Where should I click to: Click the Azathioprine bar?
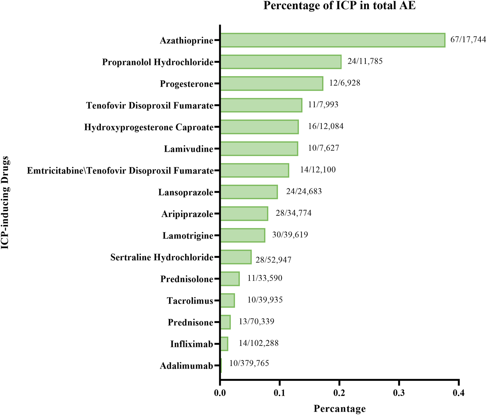pyautogui.click(x=332, y=40)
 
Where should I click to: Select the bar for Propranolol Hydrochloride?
pyautogui.click(x=280, y=62)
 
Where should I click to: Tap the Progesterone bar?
pyautogui.click(x=271, y=83)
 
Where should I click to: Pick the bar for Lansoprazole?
pyautogui.click(x=249, y=192)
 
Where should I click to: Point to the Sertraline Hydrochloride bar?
pyautogui.click(x=236, y=257)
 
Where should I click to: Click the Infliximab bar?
pyautogui.click(x=224, y=344)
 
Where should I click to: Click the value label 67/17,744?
pyautogui.click(x=468, y=39)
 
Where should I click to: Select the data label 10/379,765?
pyautogui.click(x=249, y=363)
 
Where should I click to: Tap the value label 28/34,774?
pyautogui.click(x=293, y=213)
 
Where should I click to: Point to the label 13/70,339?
pyautogui.click(x=256, y=321)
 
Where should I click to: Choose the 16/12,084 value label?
pyautogui.click(x=326, y=126)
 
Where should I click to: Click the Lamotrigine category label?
pyautogui.click(x=188, y=236)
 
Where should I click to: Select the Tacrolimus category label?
pyautogui.click(x=190, y=301)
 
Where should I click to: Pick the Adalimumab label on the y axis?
pyautogui.click(x=186, y=366)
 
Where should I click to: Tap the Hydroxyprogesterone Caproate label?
pyautogui.click(x=149, y=127)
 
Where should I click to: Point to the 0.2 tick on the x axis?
pyautogui.click(x=339, y=393)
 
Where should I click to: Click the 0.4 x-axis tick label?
pyautogui.click(x=458, y=393)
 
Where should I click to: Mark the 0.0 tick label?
pyautogui.click(x=220, y=393)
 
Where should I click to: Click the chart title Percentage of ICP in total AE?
pyautogui.click(x=339, y=5)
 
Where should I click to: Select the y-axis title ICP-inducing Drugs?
pyautogui.click(x=5, y=203)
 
